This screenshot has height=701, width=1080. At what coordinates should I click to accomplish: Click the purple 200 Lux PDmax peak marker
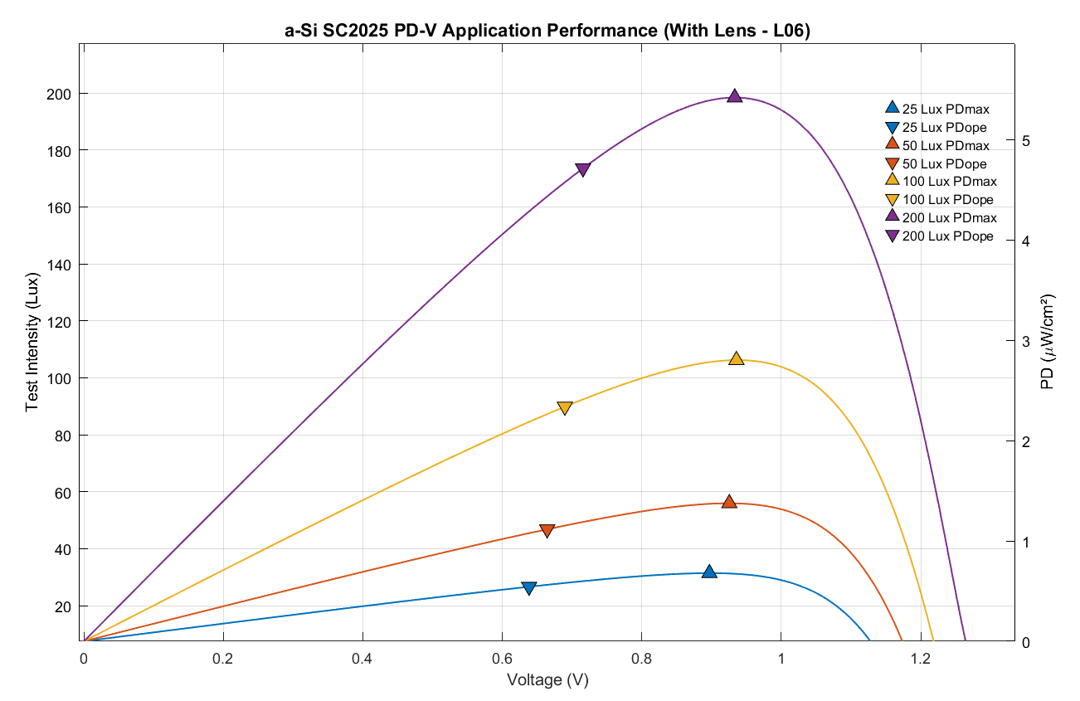click(734, 96)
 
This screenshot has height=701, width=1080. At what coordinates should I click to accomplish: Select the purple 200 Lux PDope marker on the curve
click(582, 170)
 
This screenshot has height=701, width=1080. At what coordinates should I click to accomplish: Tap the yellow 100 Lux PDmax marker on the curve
click(736, 358)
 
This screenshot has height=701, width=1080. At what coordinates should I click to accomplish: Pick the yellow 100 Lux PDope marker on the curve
click(565, 408)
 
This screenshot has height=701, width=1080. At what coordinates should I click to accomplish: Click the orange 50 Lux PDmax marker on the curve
click(729, 501)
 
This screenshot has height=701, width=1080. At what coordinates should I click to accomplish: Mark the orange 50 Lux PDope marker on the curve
click(547, 531)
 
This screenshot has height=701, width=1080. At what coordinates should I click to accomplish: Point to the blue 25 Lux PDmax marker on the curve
click(709, 572)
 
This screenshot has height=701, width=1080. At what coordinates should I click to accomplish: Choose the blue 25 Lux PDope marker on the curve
click(529, 588)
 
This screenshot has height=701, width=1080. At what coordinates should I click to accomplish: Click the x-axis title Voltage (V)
click(547, 679)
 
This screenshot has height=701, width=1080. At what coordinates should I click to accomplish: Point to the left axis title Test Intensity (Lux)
click(33, 341)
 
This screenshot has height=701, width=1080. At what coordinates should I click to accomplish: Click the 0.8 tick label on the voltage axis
click(641, 659)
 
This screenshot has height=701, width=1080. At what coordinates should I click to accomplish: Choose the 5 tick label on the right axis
click(1026, 141)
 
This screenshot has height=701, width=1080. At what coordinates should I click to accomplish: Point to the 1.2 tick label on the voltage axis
click(920, 659)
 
